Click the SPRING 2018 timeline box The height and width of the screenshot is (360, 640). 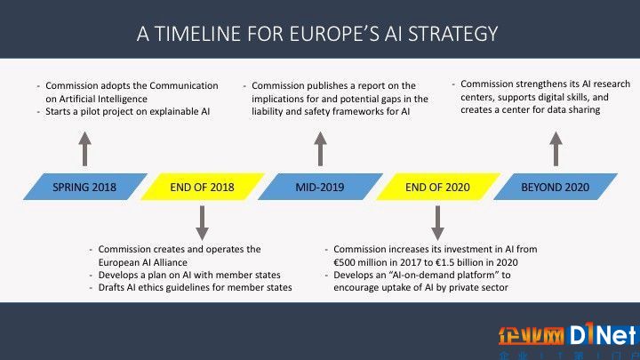pos(85,187)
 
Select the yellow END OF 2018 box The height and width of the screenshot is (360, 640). pos(203,187)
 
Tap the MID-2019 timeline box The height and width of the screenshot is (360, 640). pos(320,187)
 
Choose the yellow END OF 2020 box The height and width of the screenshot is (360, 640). pos(437,187)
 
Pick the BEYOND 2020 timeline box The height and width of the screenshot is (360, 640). pos(555,187)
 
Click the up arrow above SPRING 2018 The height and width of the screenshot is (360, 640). pos(85,149)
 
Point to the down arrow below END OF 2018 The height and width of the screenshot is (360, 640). pos(202,223)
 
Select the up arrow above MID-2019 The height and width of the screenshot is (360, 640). pos(320,149)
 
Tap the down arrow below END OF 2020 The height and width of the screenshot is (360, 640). pos(437,223)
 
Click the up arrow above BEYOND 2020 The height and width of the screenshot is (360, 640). pos(556,149)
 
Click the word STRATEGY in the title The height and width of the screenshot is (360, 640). pos(453,34)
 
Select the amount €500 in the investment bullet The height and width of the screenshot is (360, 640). pos(346,262)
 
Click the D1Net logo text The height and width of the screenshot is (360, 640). pos(604,335)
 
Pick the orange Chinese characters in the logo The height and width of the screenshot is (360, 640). pos(531,336)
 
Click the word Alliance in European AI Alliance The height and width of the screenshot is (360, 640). pos(171,262)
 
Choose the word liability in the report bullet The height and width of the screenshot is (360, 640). pos(268,112)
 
